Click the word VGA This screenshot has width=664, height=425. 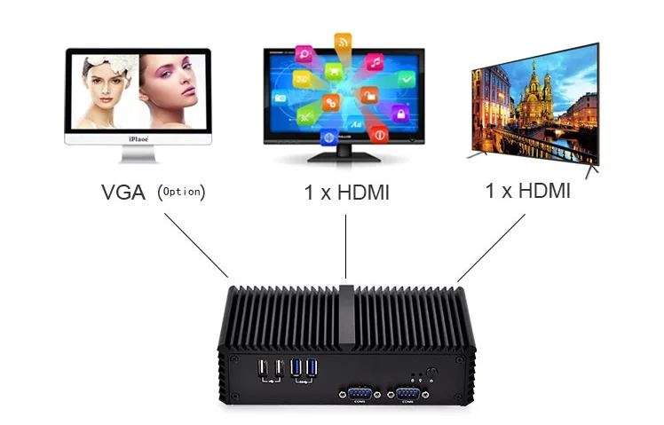(123, 191)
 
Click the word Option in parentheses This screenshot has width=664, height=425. (182, 191)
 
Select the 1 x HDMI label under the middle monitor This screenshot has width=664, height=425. (346, 192)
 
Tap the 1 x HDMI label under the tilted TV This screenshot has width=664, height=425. (527, 191)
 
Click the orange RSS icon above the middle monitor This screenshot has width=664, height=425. (343, 41)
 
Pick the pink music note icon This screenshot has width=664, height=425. (375, 62)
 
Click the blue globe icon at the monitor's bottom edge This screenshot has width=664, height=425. (330, 138)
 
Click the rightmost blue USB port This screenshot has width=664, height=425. (311, 366)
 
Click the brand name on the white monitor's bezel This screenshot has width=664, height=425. (137, 139)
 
